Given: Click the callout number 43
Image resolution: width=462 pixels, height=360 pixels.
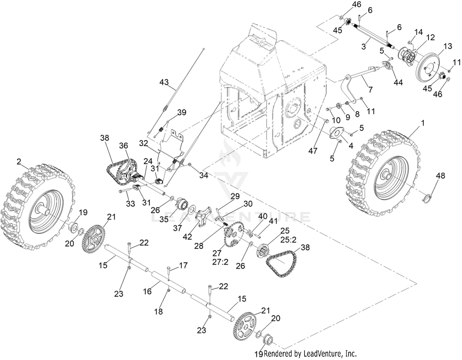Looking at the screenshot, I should point(164,82).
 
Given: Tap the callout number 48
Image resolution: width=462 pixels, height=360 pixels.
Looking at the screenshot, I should point(440,176).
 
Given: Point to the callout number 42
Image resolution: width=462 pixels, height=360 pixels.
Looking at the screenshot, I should point(187,237).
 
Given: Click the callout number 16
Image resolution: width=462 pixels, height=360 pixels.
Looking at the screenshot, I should point(148,291).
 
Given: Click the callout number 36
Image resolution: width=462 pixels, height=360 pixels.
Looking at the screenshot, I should point(124,146).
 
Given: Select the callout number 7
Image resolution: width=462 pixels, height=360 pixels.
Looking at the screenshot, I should point(370,90).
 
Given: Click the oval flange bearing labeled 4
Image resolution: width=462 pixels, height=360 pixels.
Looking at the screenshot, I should point(336,133).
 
